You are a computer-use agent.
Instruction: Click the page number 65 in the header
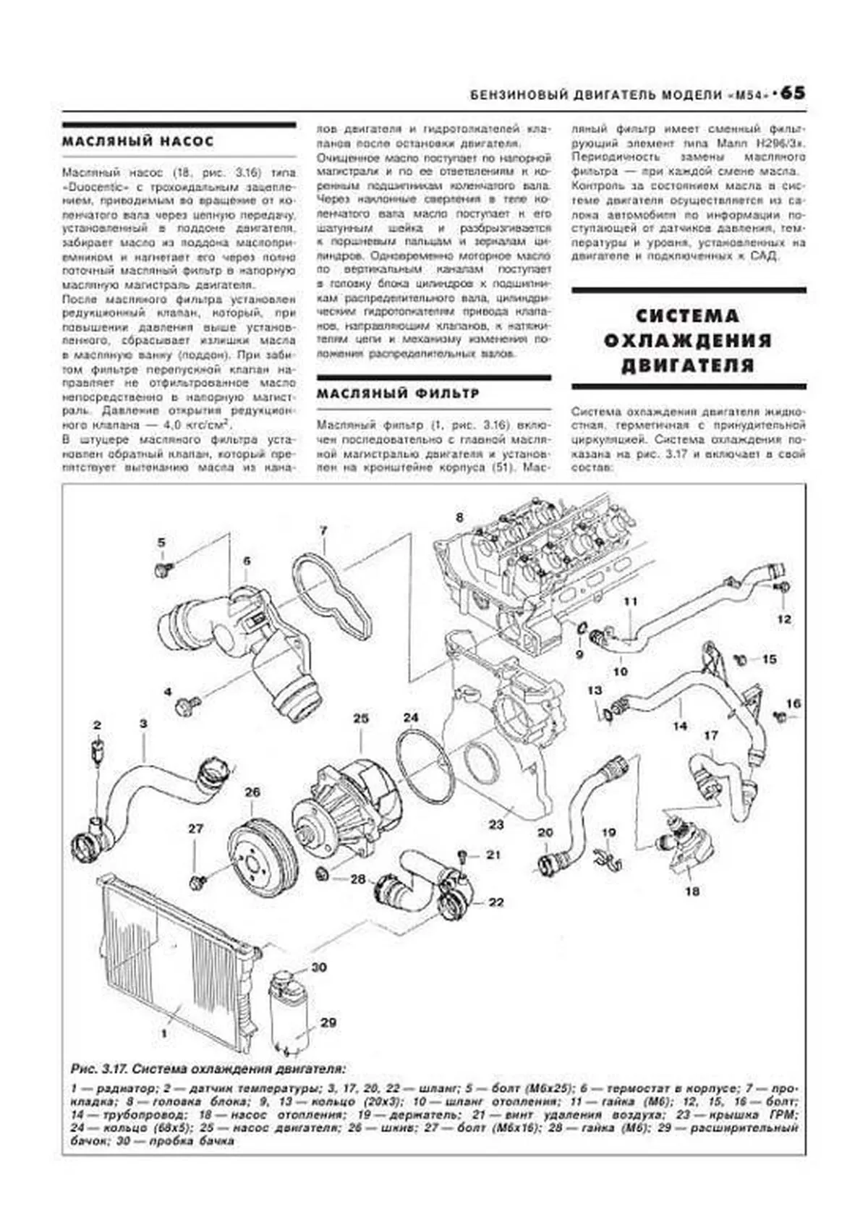(792, 94)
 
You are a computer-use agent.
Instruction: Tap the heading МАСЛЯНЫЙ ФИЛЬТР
(398, 394)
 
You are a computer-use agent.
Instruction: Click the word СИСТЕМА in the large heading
(688, 316)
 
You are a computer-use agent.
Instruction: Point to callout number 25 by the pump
(361, 719)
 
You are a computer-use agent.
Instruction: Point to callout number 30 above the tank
(319, 967)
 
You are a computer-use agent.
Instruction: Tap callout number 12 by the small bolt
(785, 619)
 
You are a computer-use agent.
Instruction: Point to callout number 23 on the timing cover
(496, 824)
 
